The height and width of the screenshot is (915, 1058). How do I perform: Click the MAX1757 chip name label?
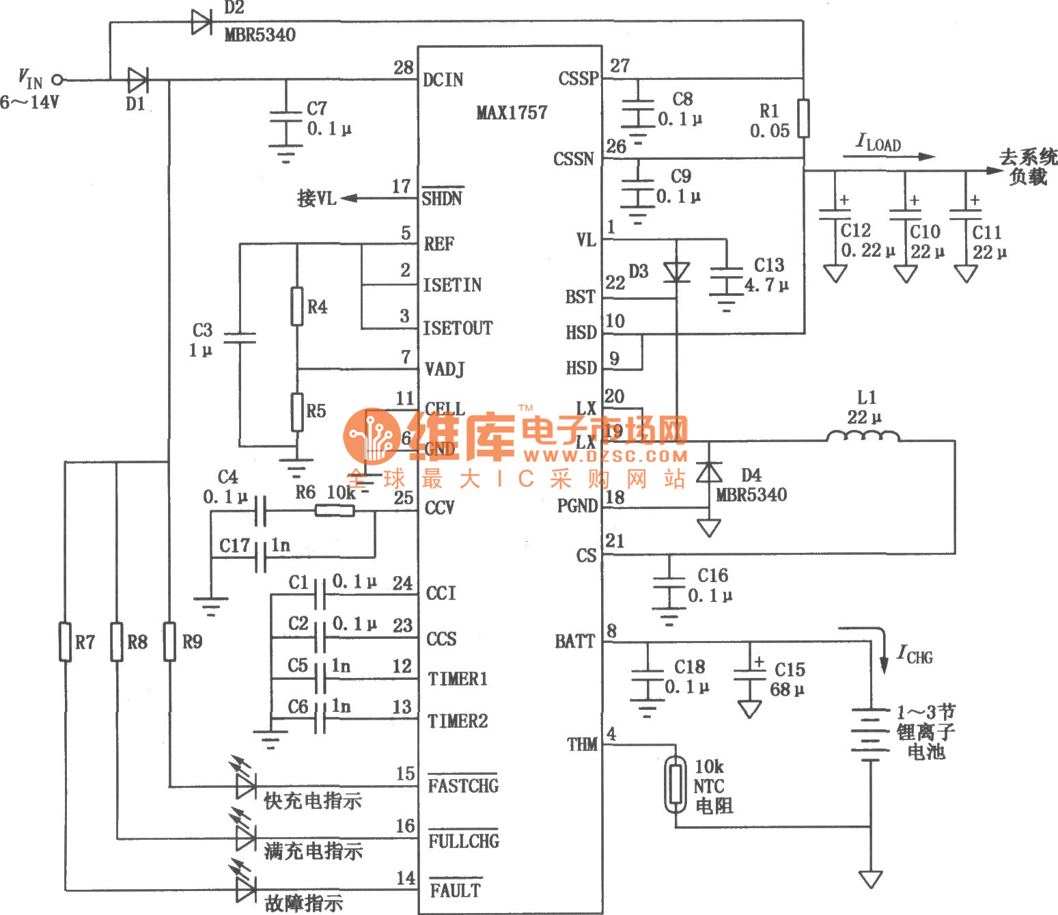coord(512,113)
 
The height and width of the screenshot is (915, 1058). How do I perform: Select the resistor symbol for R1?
coord(803,118)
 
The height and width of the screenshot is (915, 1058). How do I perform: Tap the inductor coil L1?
coord(863,436)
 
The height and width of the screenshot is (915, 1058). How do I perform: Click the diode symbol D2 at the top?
coord(201,22)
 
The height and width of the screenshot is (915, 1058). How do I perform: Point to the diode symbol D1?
coord(137,80)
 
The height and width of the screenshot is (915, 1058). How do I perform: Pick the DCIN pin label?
coord(443,80)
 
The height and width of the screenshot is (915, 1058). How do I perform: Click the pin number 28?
coord(403,67)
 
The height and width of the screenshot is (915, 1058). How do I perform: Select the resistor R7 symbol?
coord(65,642)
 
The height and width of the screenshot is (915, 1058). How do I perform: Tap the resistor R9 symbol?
coord(169,642)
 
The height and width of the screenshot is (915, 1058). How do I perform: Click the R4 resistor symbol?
coord(296,306)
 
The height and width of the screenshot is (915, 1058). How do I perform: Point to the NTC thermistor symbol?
coord(676,784)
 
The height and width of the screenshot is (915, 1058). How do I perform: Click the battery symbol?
coord(870,735)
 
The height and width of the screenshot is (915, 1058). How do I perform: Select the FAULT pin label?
coord(455,890)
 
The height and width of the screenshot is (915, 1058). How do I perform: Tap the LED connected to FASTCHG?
coord(245,785)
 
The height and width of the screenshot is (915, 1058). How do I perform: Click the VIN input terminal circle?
coord(58,80)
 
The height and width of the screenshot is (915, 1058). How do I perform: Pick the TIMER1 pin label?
coord(457,679)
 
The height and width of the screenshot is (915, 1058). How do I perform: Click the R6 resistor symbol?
coord(334,510)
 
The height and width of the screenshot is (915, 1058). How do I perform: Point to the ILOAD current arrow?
coord(888,156)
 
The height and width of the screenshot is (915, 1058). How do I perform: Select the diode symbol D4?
coord(709,472)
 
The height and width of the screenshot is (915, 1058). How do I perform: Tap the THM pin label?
coord(582,744)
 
